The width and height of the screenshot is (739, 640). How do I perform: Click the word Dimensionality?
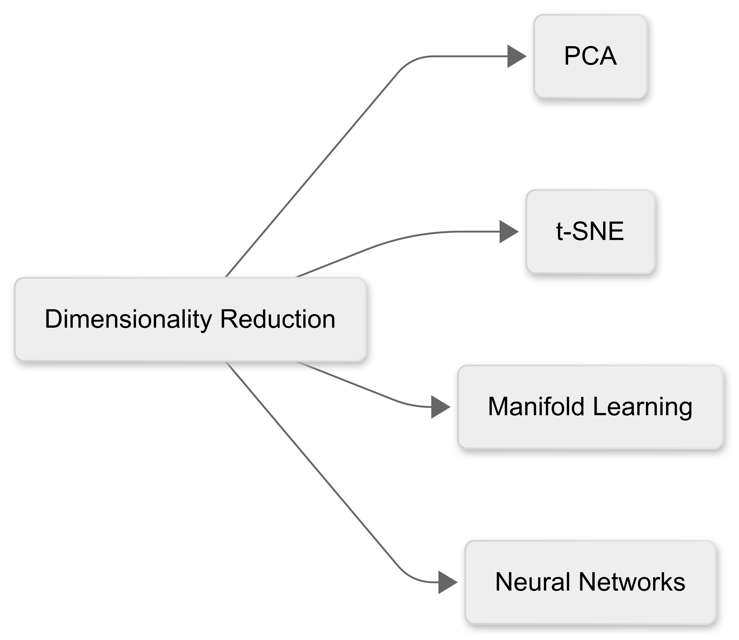click(128, 319)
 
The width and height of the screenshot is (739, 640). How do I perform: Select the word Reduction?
click(278, 319)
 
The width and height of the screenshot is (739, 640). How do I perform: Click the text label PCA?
click(590, 56)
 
